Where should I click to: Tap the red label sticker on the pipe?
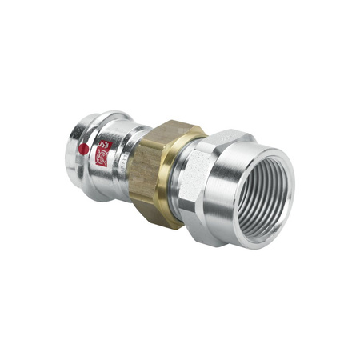pyautogui.click(x=102, y=154)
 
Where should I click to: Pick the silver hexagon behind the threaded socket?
pyautogui.click(x=190, y=174)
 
